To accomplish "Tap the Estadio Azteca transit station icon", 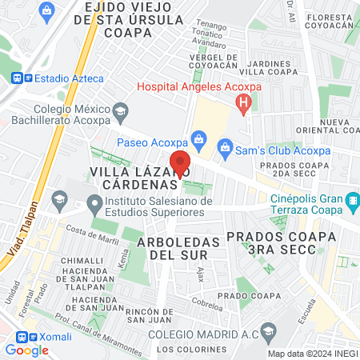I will click(18, 78).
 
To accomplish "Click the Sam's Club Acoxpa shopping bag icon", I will click(226, 146).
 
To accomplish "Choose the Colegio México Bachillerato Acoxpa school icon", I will click(121, 110).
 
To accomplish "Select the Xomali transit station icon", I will click(22, 338).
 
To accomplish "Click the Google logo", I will click(26, 350).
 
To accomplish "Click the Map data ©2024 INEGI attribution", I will click(311, 353).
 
